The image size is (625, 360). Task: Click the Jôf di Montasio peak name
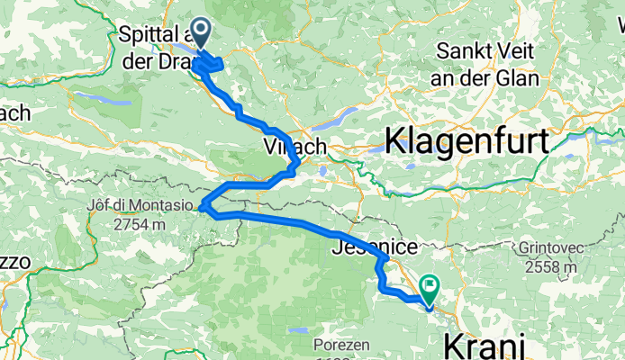click(x=140, y=205)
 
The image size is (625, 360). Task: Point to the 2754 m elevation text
click(x=140, y=223)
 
